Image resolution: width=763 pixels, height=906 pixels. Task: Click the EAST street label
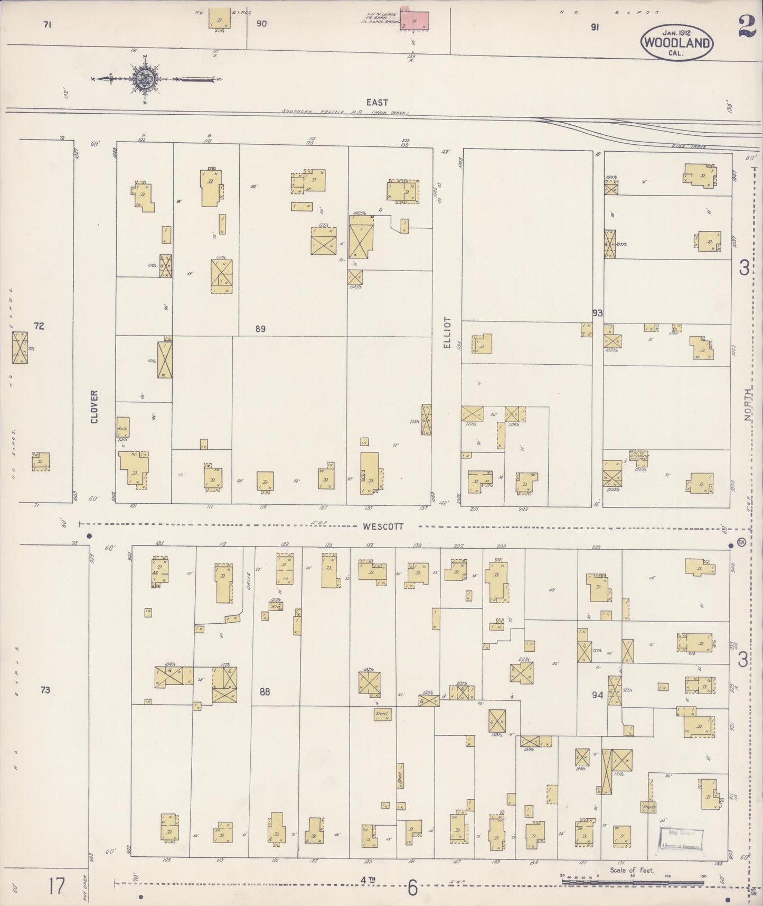pyautogui.click(x=377, y=103)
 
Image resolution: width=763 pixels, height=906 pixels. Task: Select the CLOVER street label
pyautogui.click(x=95, y=406)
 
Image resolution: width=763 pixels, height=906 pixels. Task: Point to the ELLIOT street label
pyautogui.click(x=447, y=332)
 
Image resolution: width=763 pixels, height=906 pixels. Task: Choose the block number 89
pyautogui.click(x=260, y=329)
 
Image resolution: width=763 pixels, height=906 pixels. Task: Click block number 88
pyautogui.click(x=265, y=691)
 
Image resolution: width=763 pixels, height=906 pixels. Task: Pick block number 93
pyautogui.click(x=597, y=313)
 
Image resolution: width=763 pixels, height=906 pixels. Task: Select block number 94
pyautogui.click(x=597, y=695)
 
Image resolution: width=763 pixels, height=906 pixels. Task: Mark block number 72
pyautogui.click(x=39, y=326)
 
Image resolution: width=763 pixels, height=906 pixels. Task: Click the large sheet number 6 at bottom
pyautogui.click(x=412, y=888)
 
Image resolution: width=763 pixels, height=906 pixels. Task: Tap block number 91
pyautogui.click(x=594, y=28)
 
